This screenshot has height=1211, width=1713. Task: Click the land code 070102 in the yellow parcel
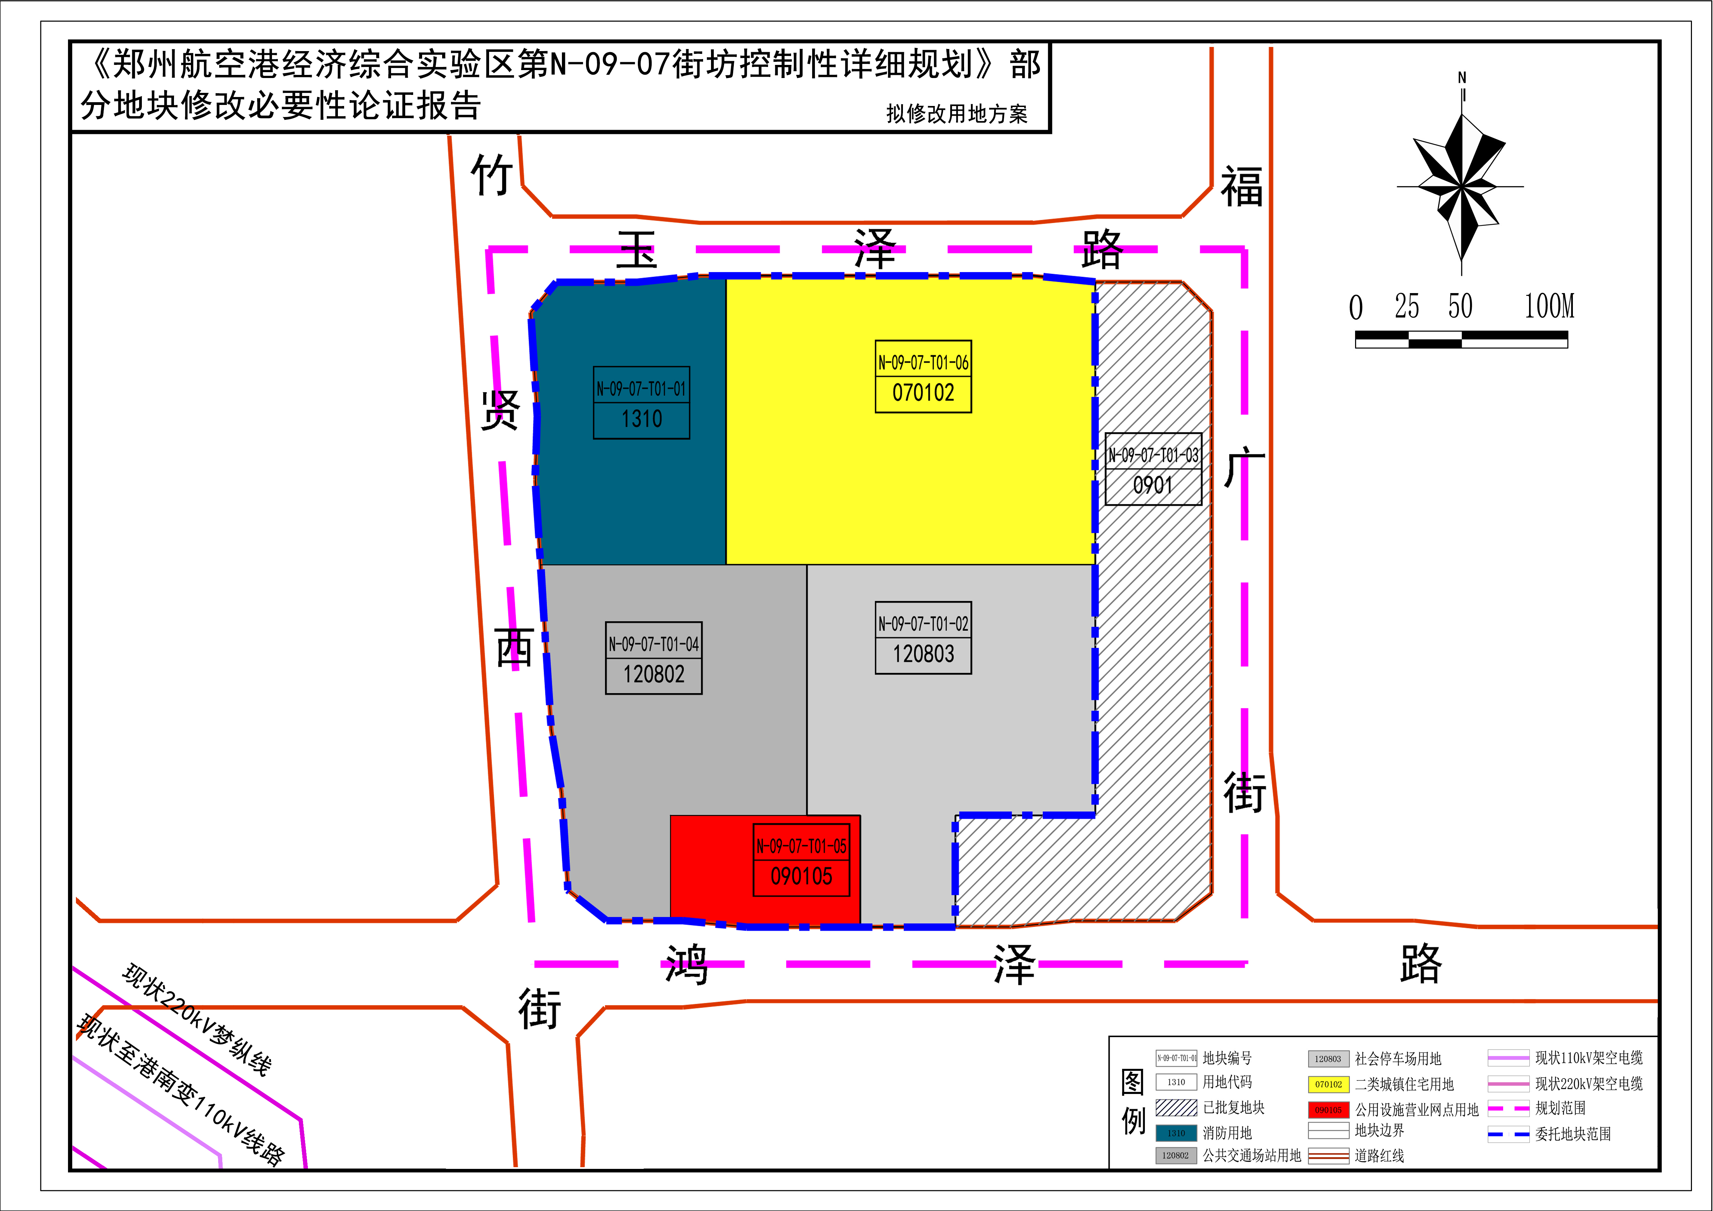pos(923,393)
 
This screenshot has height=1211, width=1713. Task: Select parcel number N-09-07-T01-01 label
pos(641,389)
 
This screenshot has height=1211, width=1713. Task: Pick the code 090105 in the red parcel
pos(801,876)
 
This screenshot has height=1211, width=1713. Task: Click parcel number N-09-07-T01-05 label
pos(801,846)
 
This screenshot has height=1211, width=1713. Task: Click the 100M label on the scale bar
pos(1549,306)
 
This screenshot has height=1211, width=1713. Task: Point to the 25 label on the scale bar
pos(1407,306)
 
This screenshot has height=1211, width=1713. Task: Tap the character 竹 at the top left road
pos(491,175)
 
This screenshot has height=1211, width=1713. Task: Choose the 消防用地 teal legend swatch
pos(1176,1133)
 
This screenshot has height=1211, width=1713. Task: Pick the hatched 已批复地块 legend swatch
pos(1176,1107)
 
